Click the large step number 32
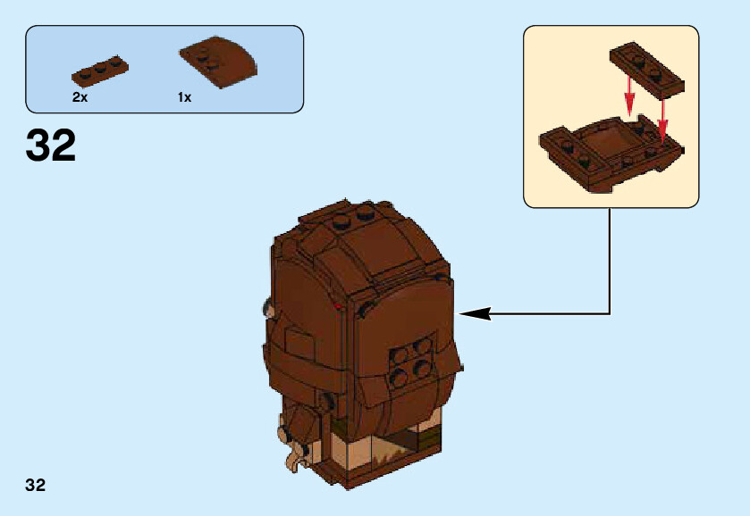(51, 146)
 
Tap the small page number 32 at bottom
(35, 486)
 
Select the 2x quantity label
(80, 97)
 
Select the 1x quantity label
(184, 97)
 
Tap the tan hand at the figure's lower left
(291, 458)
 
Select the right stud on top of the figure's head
(366, 212)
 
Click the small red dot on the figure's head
(338, 307)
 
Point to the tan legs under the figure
(384, 451)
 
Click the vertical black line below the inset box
(610, 259)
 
